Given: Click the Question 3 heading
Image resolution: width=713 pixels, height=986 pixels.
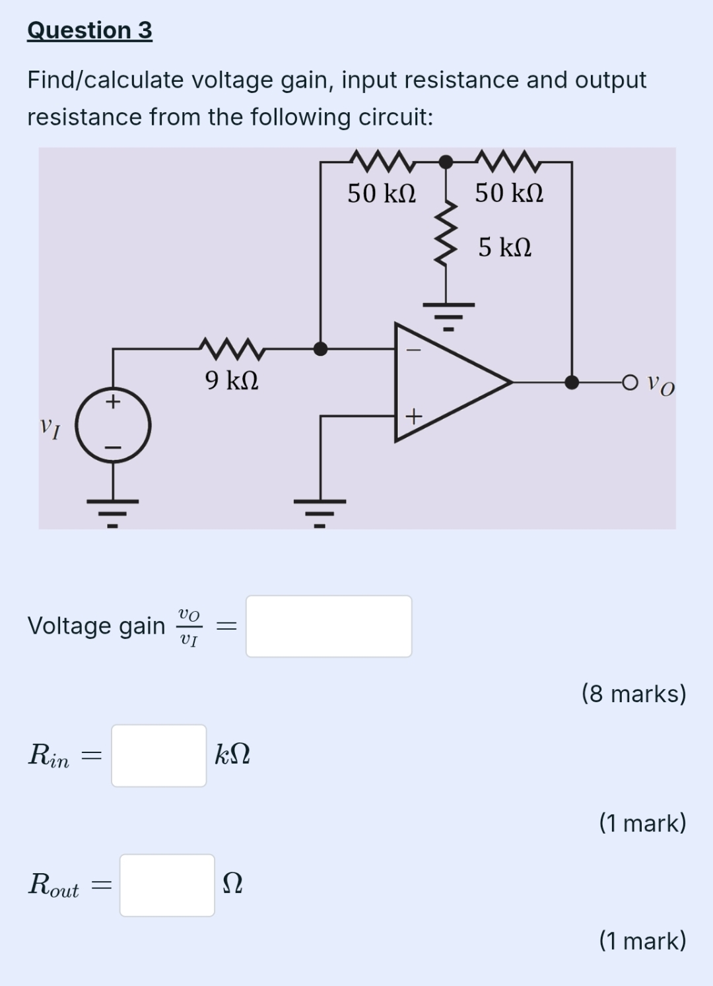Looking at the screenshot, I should point(90,30).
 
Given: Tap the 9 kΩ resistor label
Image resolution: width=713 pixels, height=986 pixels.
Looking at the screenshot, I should point(231,380).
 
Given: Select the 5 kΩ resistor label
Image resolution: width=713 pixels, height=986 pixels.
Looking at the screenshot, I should point(505,247).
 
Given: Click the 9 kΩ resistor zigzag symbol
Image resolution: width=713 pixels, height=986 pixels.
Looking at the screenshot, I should point(231,348).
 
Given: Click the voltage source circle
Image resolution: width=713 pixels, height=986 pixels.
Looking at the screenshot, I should point(113,426).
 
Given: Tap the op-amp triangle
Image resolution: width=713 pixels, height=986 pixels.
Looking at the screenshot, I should point(442,382).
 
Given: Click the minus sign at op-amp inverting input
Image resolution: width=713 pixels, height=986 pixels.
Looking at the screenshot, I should point(413,350).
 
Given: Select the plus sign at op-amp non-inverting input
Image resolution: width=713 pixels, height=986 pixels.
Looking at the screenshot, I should point(413,416).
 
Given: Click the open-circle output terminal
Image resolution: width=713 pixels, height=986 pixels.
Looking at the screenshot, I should point(630,382).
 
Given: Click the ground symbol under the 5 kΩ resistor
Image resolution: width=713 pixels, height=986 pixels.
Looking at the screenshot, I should point(448,313).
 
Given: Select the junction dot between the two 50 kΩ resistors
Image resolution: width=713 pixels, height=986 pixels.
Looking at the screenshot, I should point(446,162).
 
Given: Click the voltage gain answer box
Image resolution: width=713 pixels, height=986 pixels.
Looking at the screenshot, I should point(329,626).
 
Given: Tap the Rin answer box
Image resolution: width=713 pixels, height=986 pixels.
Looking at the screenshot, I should point(158,756).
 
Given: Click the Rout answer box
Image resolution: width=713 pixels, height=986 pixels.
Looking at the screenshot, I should point(167,885).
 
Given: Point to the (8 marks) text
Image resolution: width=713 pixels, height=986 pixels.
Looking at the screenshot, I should point(634,694).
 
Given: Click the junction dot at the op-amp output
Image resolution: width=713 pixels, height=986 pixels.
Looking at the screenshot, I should point(572,382).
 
